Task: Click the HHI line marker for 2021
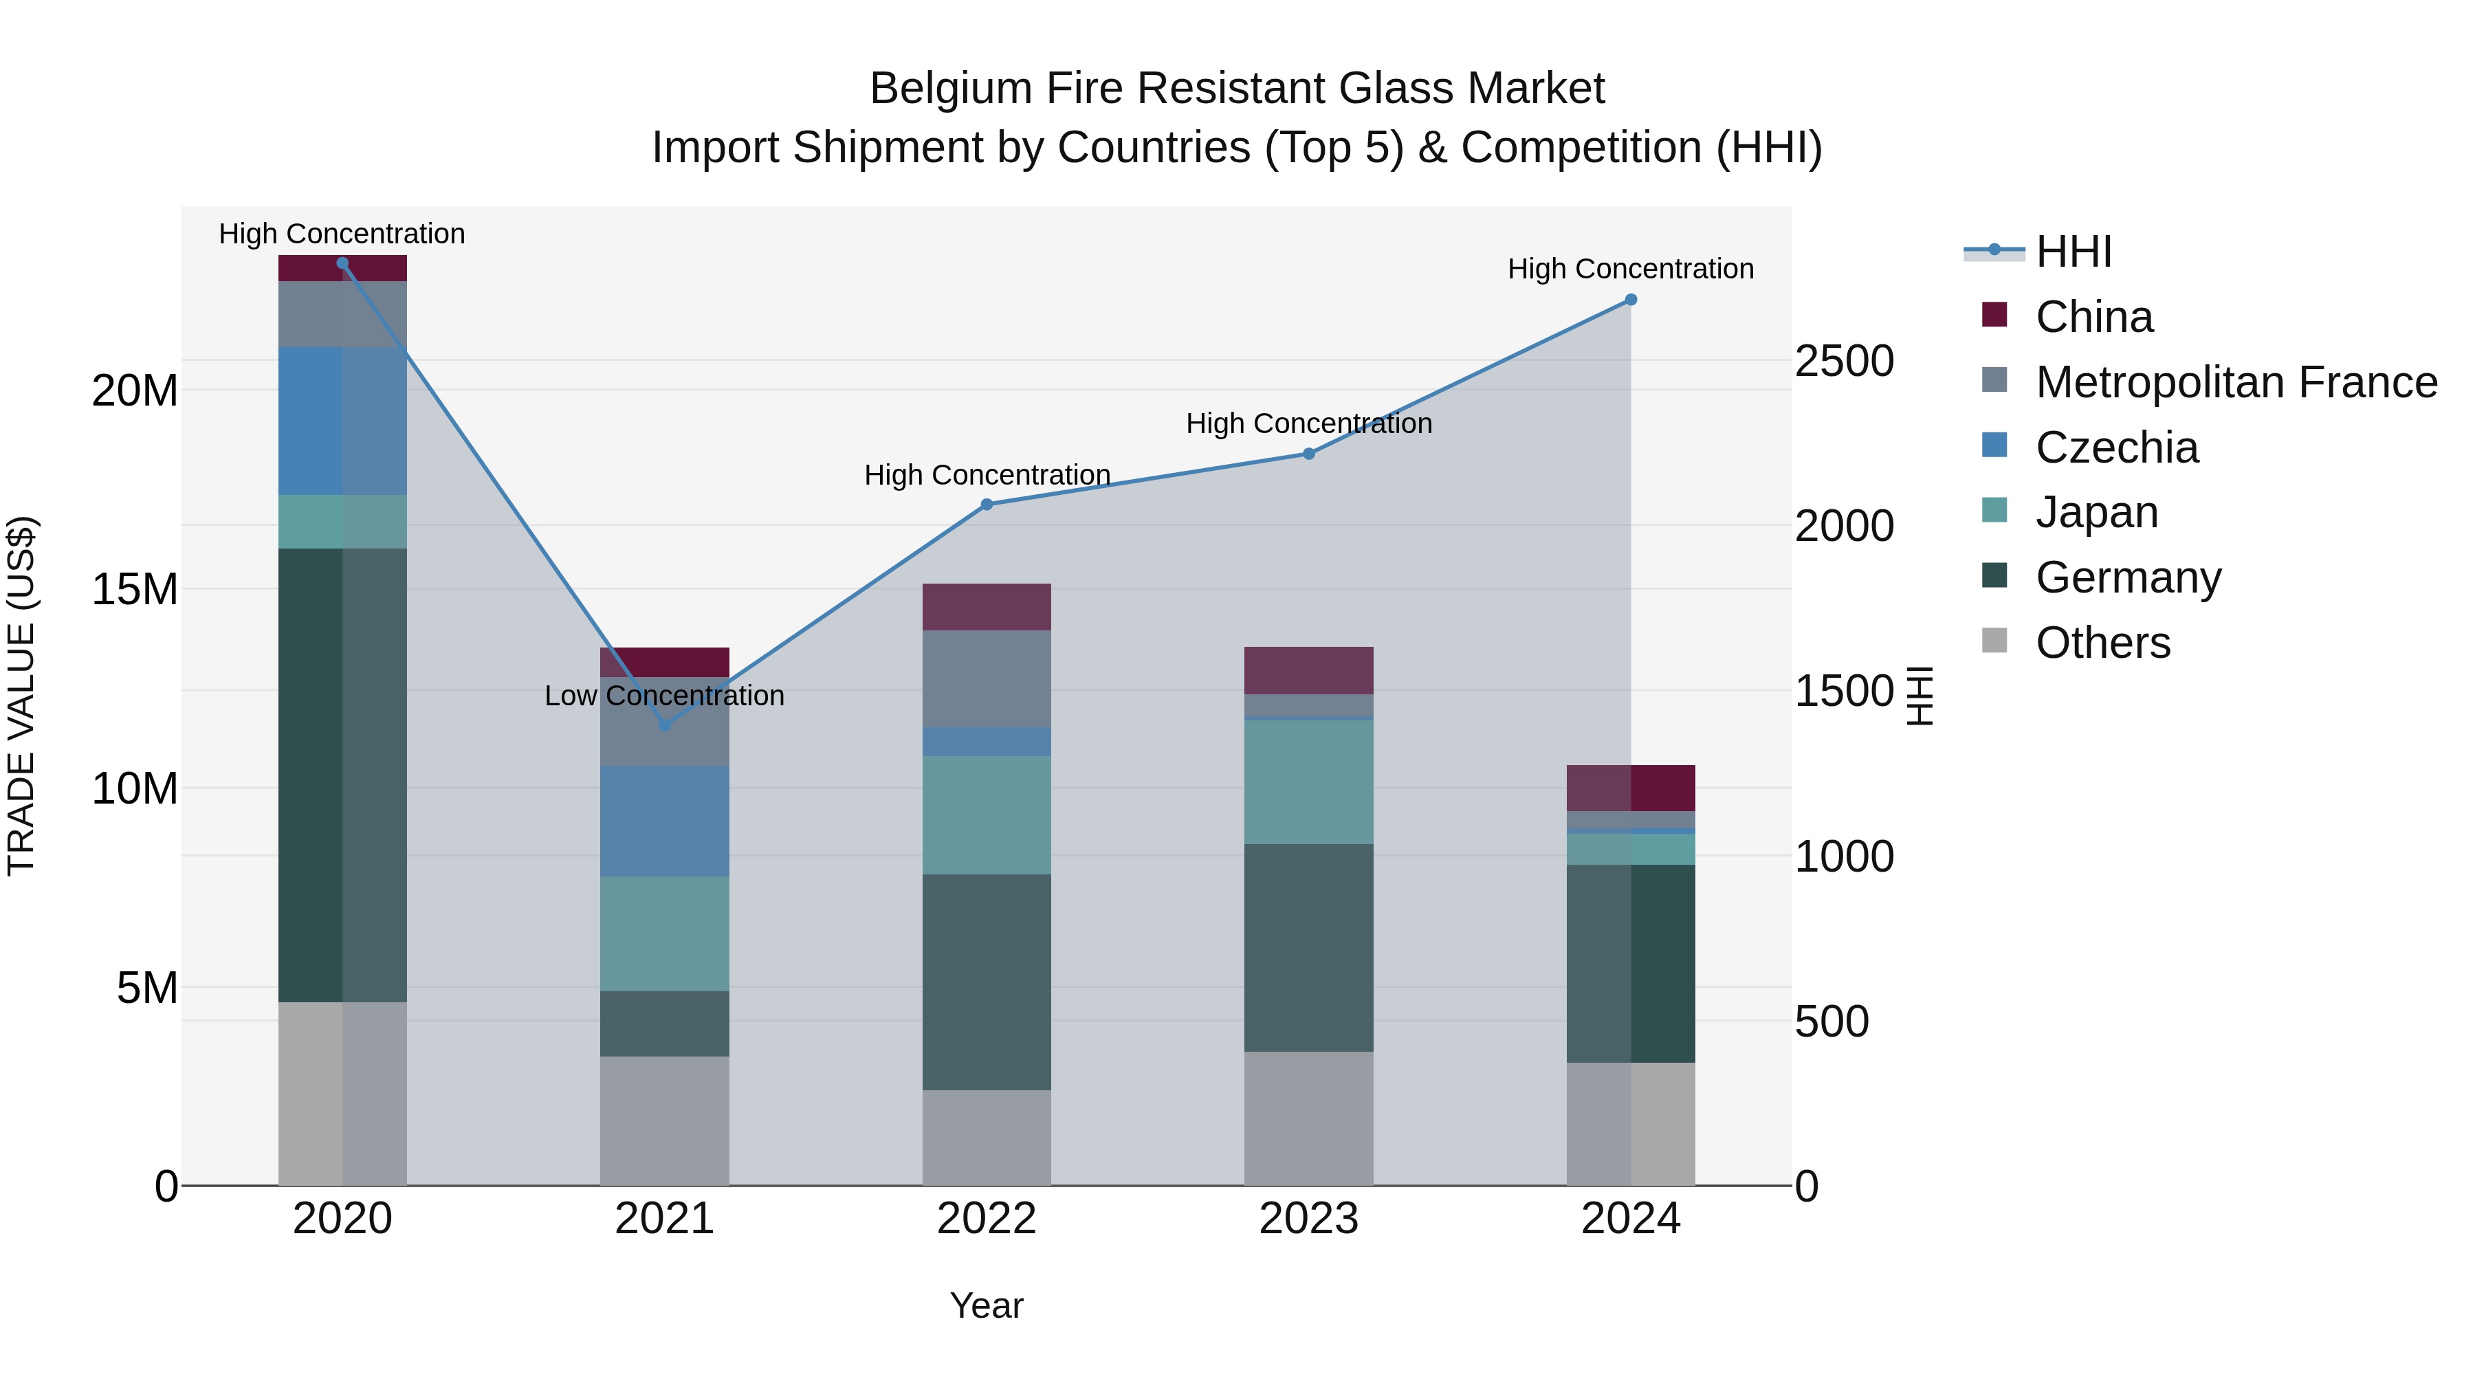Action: [664, 725]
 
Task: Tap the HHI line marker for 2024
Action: [1631, 300]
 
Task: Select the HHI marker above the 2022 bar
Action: [987, 505]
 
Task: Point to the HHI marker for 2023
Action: [1308, 454]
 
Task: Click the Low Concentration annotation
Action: [664, 696]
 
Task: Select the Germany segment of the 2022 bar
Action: [987, 982]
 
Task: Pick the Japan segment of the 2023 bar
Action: [1308, 782]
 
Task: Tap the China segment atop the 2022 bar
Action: [987, 606]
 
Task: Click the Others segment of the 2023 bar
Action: [1308, 1118]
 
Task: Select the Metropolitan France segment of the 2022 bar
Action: [987, 678]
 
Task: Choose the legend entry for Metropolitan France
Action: [2236, 382]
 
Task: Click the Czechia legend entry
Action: [2117, 448]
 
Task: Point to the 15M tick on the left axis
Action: [135, 589]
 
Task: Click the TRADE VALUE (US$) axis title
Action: [21, 696]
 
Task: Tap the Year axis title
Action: [987, 1305]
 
